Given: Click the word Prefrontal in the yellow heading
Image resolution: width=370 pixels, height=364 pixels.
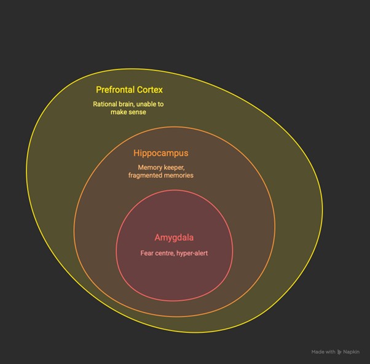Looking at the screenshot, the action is point(115,90).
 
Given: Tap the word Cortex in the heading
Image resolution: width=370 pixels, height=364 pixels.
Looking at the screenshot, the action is point(150,90).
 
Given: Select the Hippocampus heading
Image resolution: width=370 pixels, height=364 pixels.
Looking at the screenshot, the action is point(161,153).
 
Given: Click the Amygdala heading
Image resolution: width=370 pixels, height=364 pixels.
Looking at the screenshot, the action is point(174,238).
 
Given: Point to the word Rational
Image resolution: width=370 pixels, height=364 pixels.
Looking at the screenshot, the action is point(102,104).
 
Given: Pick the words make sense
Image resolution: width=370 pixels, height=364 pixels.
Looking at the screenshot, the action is point(128,112).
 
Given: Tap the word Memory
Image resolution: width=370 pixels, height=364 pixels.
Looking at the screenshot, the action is point(148,168).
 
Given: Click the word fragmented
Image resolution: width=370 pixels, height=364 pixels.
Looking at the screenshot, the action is point(145,176).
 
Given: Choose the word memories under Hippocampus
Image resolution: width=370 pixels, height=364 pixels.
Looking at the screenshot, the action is point(179,176).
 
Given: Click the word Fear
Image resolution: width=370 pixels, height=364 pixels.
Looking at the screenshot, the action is point(146,254).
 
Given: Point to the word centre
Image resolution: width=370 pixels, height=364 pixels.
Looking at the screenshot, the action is point(163,254).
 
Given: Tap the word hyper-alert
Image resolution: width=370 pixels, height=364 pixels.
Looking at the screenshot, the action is point(192,254).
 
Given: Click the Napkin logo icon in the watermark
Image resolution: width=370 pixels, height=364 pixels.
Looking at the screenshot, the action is point(339,352).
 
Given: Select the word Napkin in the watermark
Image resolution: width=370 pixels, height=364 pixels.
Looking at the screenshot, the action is point(351,352).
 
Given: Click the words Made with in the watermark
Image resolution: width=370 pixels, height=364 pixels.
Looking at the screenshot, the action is point(323,352).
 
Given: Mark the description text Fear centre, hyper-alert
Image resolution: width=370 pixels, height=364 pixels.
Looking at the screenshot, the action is point(174,254).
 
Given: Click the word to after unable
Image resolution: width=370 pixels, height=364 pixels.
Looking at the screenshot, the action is point(160,104).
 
